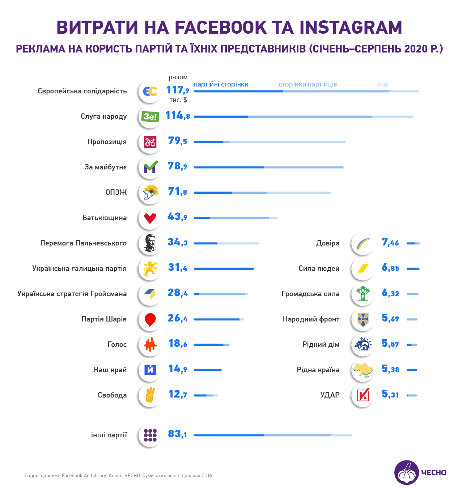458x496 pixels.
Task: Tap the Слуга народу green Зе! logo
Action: click(150, 117)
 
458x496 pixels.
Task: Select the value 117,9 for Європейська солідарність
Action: click(178, 90)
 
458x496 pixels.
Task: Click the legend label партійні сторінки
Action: click(221, 84)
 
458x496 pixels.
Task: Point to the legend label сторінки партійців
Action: click(308, 84)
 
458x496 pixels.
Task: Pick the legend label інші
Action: click(382, 84)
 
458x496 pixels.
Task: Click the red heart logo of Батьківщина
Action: click(150, 218)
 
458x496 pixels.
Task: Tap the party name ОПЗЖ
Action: click(116, 192)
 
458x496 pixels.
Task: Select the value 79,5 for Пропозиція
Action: click(177, 141)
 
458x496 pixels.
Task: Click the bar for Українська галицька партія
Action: click(224, 269)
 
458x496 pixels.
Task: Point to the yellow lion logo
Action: click(150, 269)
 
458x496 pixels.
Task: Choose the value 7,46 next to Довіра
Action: click(390, 243)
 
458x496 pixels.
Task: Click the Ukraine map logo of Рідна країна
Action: click(363, 370)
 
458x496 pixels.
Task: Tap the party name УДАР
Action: click(330, 395)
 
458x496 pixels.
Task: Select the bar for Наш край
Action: click(208, 370)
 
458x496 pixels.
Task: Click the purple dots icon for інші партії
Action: click(150, 435)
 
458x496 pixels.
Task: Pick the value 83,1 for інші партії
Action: click(177, 434)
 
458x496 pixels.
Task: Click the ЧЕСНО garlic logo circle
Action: click(406, 472)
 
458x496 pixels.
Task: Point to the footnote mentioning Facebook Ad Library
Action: click(118, 475)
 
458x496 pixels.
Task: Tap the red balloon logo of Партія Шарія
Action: click(150, 319)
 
